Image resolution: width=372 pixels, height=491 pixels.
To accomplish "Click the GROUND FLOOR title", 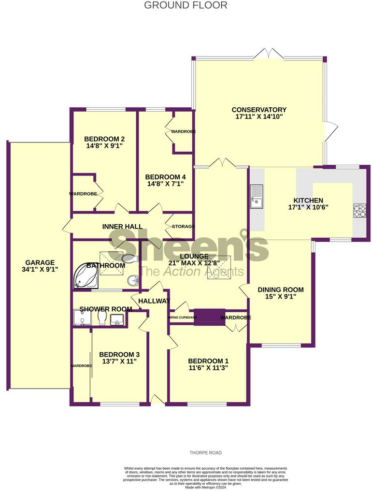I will point(186,5).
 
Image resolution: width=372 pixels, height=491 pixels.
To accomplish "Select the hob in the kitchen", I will point(359,211).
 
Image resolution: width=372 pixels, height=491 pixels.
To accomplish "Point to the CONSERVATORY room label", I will point(259,110).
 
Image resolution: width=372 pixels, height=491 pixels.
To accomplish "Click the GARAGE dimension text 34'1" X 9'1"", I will point(40,270).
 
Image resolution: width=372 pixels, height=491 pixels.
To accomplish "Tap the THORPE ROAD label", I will point(205,453).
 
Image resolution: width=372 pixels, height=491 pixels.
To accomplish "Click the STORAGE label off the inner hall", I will point(183,226).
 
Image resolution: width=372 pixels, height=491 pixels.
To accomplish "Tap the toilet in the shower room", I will point(102,318).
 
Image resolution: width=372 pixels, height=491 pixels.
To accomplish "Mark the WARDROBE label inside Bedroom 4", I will point(183,131).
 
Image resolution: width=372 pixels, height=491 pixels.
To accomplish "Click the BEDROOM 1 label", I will point(208,361).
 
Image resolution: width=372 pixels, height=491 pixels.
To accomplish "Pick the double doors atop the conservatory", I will point(267,53).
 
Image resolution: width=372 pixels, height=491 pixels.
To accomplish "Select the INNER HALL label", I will point(122,226).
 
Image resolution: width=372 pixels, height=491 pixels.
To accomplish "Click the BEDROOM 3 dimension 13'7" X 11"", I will point(118,361).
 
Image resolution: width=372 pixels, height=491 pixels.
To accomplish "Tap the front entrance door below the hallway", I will point(157,399).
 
